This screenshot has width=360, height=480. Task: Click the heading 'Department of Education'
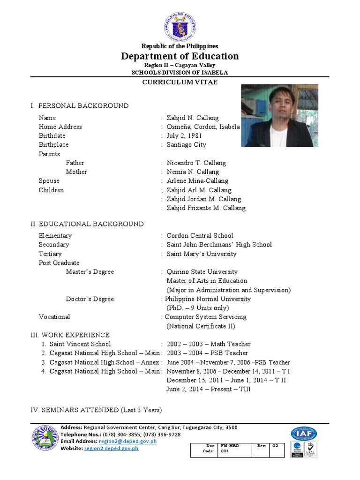pyautogui.click(x=180, y=56)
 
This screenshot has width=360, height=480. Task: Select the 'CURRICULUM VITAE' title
pyautogui.click(x=180, y=82)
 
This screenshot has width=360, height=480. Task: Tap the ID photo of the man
pyautogui.click(x=279, y=115)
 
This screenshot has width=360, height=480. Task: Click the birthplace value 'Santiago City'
pyautogui.click(x=186, y=145)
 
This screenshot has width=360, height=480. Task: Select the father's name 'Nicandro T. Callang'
pyautogui.click(x=196, y=163)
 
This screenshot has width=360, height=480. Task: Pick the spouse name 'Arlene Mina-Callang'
pyautogui.click(x=197, y=181)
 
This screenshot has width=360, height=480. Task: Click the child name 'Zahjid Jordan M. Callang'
pyautogui.click(x=204, y=199)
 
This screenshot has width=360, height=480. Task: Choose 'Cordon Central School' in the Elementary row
pyautogui.click(x=200, y=236)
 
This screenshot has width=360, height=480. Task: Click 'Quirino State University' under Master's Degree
pyautogui.click(x=202, y=272)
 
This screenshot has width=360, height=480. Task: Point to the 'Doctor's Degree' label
pyautogui.click(x=90, y=299)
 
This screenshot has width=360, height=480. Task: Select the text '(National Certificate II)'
pyautogui.click(x=201, y=326)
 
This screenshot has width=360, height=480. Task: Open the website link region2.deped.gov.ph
pyautogui.click(x=111, y=449)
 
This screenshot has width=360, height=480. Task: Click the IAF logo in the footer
pyautogui.click(x=303, y=434)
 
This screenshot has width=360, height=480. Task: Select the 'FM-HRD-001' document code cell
pyautogui.click(x=234, y=449)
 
